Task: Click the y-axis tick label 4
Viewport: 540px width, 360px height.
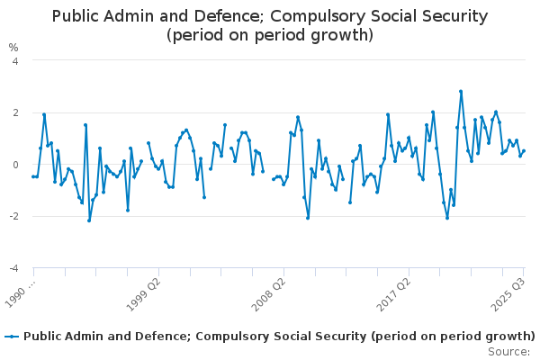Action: click(x=14, y=60)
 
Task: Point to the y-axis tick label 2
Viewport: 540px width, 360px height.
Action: click(x=14, y=112)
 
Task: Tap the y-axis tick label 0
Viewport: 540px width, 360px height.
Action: click(x=14, y=165)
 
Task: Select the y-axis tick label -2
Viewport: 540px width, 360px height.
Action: click(x=13, y=217)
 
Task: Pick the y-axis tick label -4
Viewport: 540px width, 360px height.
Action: click(x=13, y=269)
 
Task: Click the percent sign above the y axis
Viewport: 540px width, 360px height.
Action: click(x=13, y=47)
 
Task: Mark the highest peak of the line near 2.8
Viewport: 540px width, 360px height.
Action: click(x=461, y=91)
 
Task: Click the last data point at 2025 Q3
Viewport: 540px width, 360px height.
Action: click(x=524, y=150)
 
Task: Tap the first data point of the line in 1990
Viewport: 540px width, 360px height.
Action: click(x=33, y=176)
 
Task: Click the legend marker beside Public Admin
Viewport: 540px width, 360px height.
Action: click(x=12, y=337)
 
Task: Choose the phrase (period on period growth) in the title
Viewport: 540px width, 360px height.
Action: click(x=270, y=36)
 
